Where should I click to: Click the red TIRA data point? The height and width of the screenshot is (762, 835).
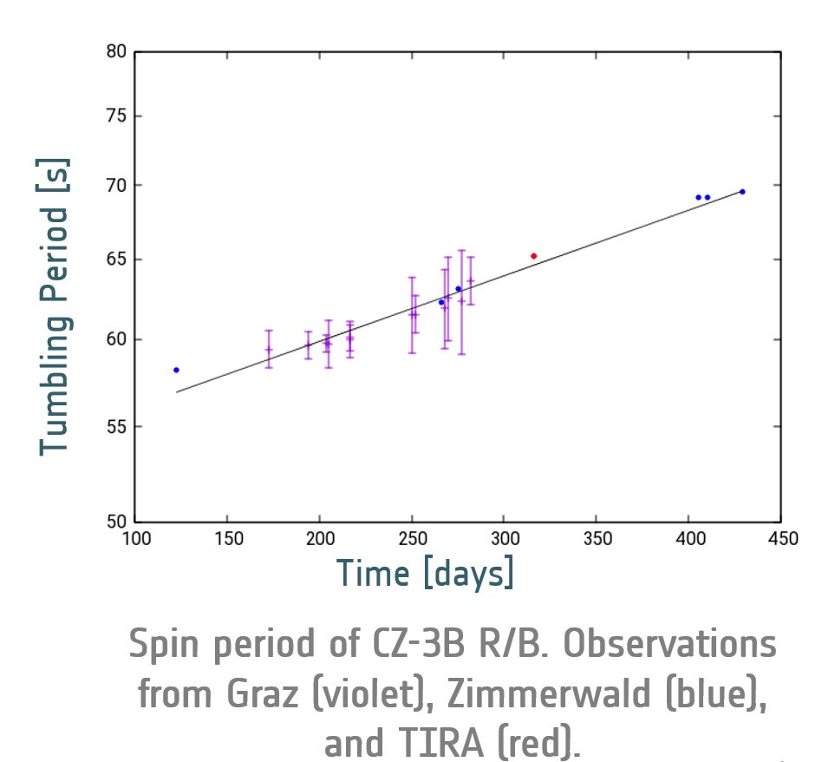point(533,256)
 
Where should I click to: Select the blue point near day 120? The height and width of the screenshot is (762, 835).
point(176,370)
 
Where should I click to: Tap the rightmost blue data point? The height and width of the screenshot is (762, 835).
point(742,192)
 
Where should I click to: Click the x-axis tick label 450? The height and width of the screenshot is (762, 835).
point(782,539)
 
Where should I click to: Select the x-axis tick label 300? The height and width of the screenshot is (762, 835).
point(505,539)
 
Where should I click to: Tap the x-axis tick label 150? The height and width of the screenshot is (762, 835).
point(227,539)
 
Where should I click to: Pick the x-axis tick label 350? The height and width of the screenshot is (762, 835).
point(597,539)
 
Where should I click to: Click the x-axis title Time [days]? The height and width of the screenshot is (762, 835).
point(425,574)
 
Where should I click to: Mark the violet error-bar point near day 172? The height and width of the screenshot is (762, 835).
point(269,350)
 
